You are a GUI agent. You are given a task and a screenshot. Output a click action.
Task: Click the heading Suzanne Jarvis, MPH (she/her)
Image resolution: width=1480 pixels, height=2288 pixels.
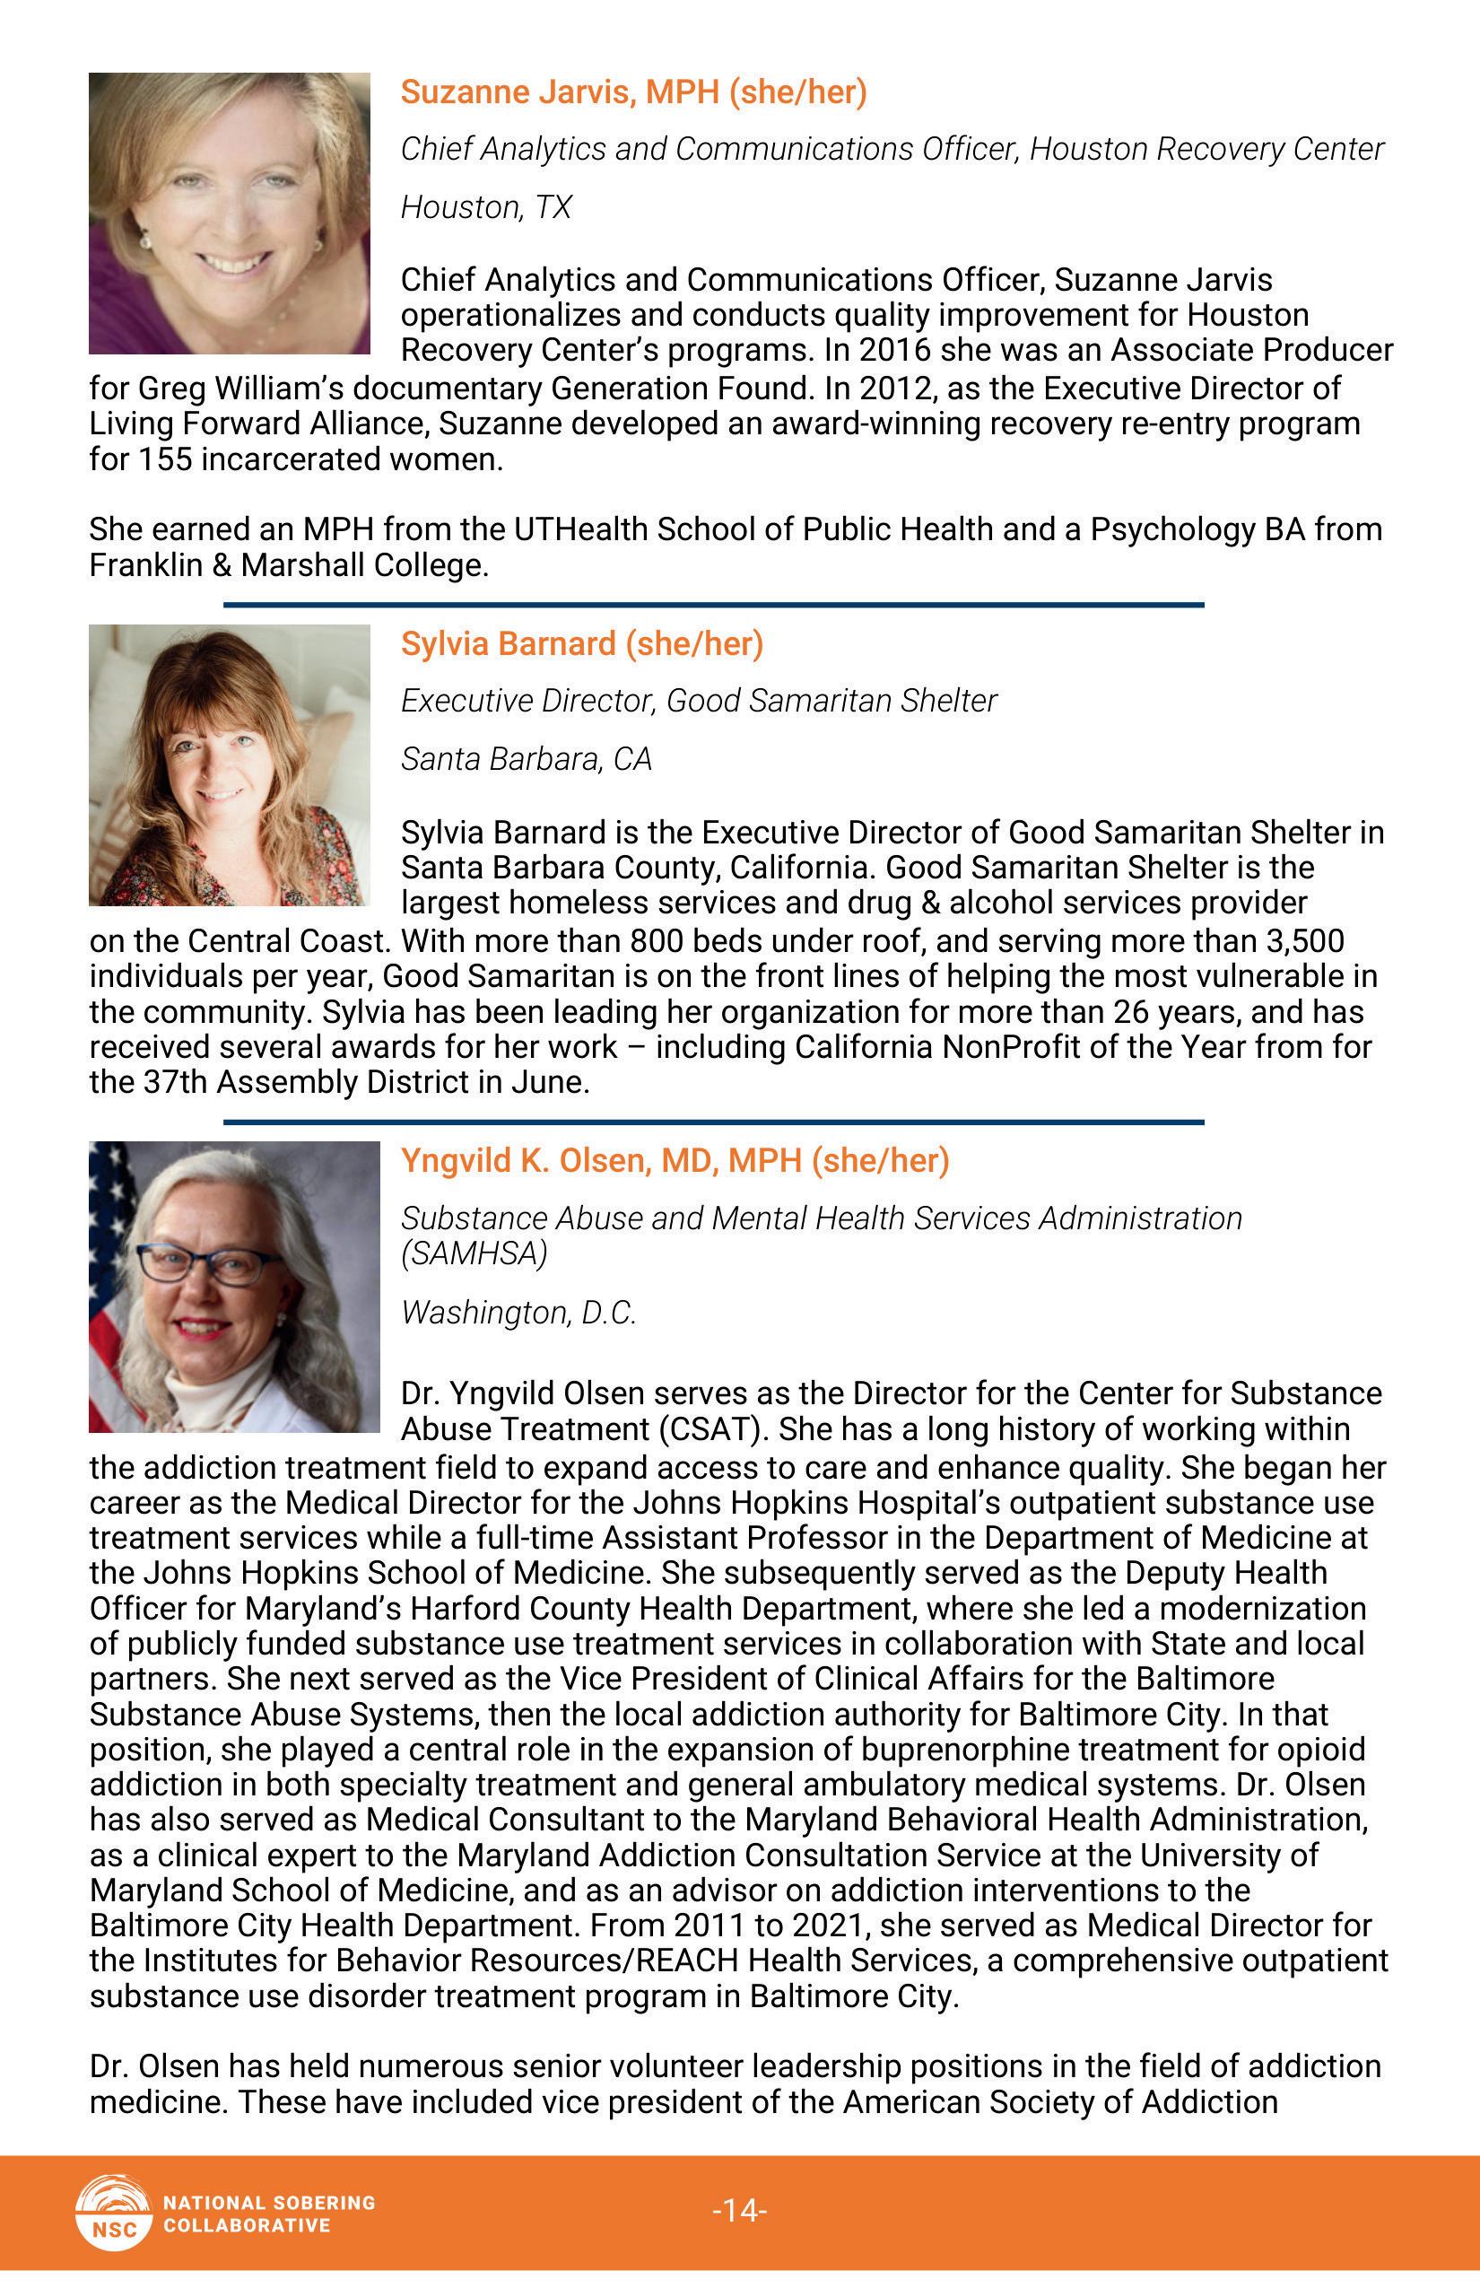pyautogui.click(x=633, y=92)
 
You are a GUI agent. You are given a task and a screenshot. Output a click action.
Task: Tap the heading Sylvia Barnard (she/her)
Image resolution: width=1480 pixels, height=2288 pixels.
pyautogui.click(x=581, y=644)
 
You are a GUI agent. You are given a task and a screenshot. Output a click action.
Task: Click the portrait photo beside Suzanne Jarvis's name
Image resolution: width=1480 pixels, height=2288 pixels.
pyautogui.click(x=229, y=213)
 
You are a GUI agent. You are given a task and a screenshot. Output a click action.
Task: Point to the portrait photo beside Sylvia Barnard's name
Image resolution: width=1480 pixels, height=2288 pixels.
pyautogui.click(x=229, y=764)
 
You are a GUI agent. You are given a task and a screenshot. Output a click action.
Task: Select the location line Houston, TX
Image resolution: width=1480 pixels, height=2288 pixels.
pyautogui.click(x=485, y=207)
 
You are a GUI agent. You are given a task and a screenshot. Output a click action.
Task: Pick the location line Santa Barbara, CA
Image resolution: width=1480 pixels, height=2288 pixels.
pyautogui.click(x=526, y=759)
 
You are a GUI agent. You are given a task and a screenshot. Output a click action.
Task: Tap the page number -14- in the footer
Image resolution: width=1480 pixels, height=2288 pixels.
pyautogui.click(x=739, y=2210)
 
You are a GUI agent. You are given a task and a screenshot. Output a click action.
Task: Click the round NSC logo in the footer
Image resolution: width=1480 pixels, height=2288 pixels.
pyautogui.click(x=113, y=2212)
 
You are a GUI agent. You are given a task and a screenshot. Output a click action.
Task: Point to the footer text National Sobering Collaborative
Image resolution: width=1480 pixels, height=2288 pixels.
pyautogui.click(x=269, y=2213)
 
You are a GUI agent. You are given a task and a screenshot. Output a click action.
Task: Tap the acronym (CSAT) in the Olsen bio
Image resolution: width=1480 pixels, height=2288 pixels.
pyautogui.click(x=713, y=1429)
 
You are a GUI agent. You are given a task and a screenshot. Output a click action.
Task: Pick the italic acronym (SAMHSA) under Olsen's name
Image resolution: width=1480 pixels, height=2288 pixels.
pyautogui.click(x=474, y=1253)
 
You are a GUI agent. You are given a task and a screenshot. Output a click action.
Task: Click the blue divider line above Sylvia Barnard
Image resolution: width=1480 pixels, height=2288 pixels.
pyautogui.click(x=713, y=605)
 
